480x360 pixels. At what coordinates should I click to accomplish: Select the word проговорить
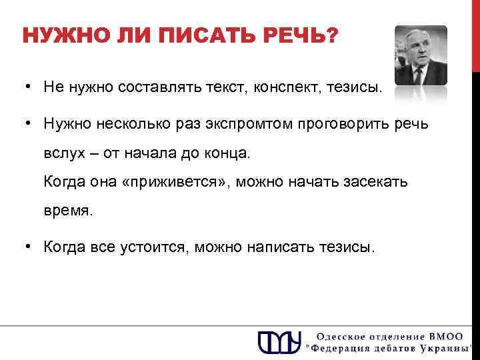tap(341, 124)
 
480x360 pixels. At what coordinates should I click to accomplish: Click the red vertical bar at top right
tap(475, 33)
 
